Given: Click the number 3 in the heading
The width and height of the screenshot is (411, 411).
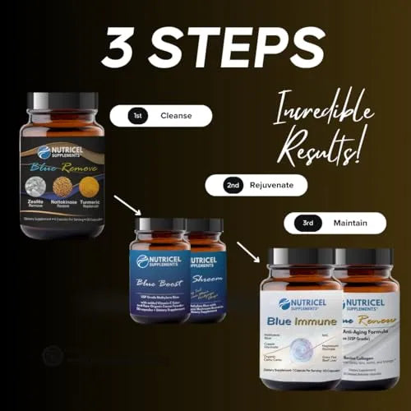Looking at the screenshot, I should pos(122,48).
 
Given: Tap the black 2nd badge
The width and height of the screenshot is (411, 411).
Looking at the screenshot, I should pos(234,187).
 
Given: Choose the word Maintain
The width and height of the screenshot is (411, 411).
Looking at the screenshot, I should pos(349,222).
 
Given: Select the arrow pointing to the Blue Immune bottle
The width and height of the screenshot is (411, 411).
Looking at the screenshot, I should pos(248,252).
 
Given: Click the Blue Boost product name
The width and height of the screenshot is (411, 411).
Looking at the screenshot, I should pos(159,280).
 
